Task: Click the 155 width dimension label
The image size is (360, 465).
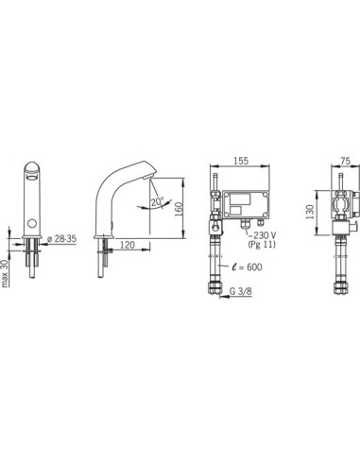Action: [x=241, y=161]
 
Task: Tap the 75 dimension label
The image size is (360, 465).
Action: [x=345, y=161]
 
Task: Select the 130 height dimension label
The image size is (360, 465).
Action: [x=310, y=212]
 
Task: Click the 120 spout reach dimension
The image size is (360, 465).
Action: [x=128, y=245]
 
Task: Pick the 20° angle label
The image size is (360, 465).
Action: [x=157, y=202]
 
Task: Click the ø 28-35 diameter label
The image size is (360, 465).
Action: [x=61, y=239]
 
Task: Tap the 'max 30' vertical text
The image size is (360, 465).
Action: [x=5, y=272]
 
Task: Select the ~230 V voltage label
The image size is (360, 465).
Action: [x=262, y=235]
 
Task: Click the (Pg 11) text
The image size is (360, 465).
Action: [x=262, y=244]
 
